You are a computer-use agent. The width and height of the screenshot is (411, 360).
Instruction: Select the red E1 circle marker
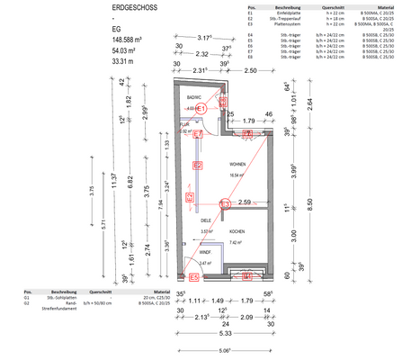(202, 107)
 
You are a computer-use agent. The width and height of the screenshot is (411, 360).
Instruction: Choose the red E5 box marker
(181, 277)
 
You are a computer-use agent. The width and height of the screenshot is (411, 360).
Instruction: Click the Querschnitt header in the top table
(320, 5)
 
